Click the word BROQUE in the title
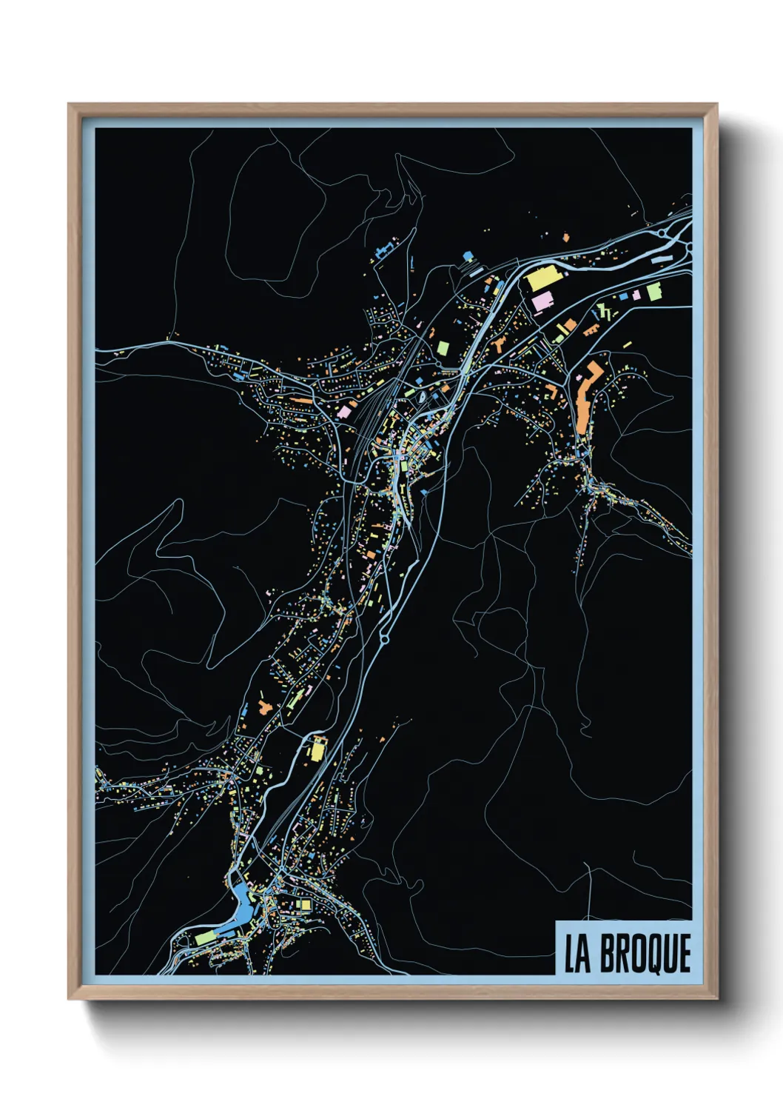645,953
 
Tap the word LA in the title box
577,953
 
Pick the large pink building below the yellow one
542,301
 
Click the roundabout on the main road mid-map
384,636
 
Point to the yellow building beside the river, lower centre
317,750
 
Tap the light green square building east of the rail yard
443,347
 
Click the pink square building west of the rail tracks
344,410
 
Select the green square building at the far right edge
653,293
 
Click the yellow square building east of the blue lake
303,905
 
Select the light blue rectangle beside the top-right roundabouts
661,258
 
